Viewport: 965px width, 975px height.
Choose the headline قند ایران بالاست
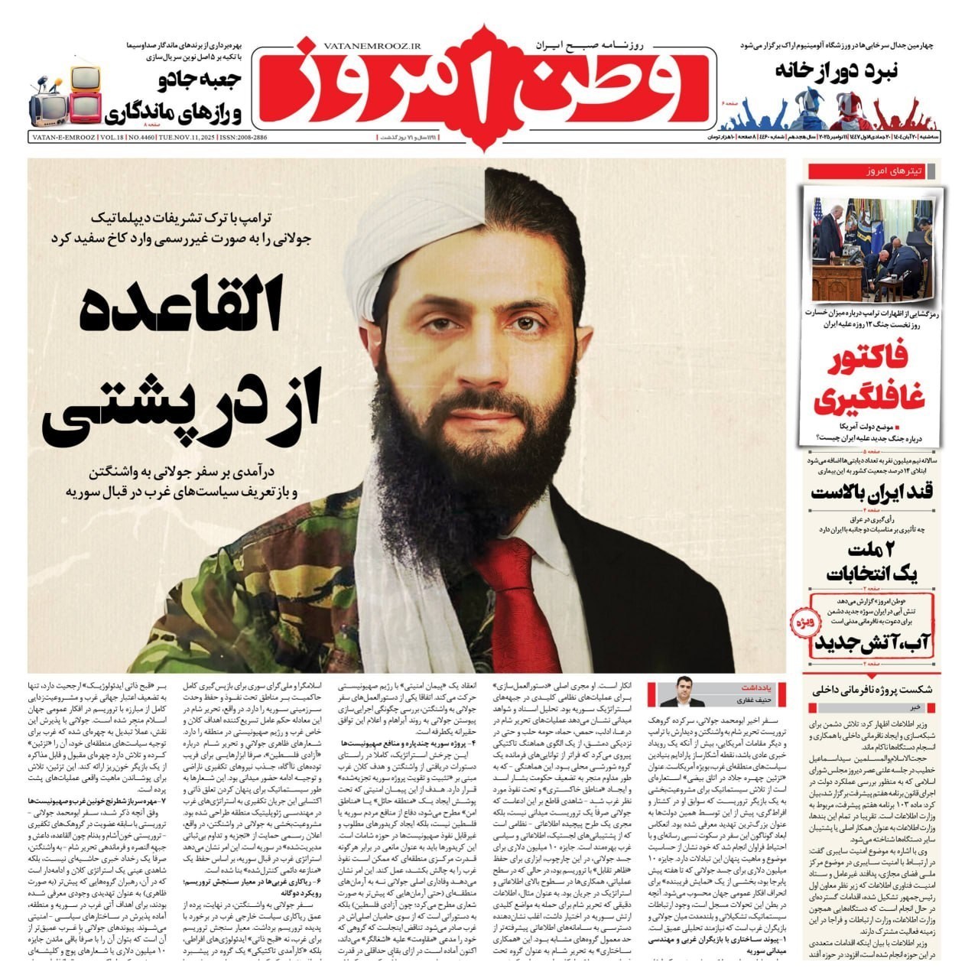872,492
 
